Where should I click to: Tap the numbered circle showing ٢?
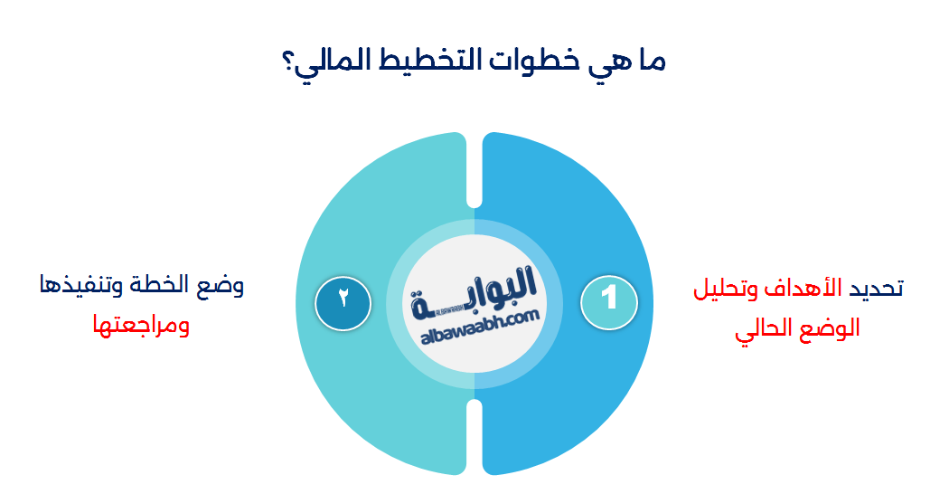click(344, 298)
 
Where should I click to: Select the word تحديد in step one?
click(875, 289)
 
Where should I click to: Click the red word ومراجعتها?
click(141, 325)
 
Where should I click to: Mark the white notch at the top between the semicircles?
click(474, 172)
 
